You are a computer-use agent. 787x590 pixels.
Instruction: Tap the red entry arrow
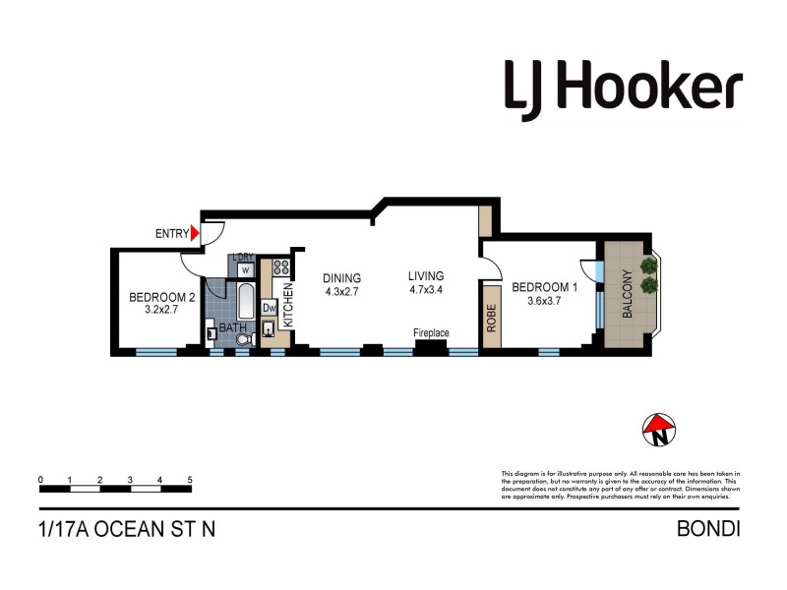pos(195,233)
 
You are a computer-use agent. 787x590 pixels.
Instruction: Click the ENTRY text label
pos(171,234)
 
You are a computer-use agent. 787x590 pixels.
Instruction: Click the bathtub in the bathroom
pos(243,299)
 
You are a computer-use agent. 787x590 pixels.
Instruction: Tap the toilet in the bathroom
pos(245,338)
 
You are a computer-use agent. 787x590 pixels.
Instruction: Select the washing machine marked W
pos(244,269)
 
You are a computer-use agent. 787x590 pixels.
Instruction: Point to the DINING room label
pos(342,278)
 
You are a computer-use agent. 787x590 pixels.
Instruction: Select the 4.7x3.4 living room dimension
pos(426,290)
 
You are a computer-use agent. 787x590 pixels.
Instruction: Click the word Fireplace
pos(431,333)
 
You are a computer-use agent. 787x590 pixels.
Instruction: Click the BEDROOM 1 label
pos(543,287)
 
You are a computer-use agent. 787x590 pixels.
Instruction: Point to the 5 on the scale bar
pos(189,480)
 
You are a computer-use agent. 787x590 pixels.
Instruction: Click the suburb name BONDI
pos(708,529)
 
